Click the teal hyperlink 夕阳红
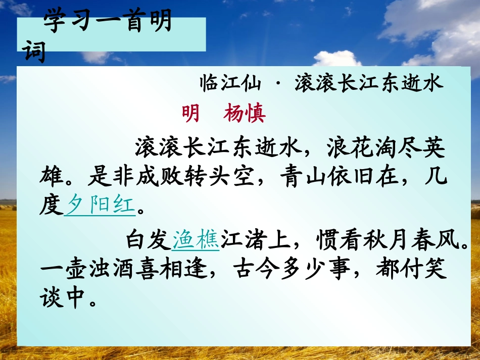click(101, 205)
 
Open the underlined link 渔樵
click(196, 240)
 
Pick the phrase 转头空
click(231, 178)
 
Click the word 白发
click(149, 240)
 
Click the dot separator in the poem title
click(279, 84)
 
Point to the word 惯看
click(326, 240)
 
